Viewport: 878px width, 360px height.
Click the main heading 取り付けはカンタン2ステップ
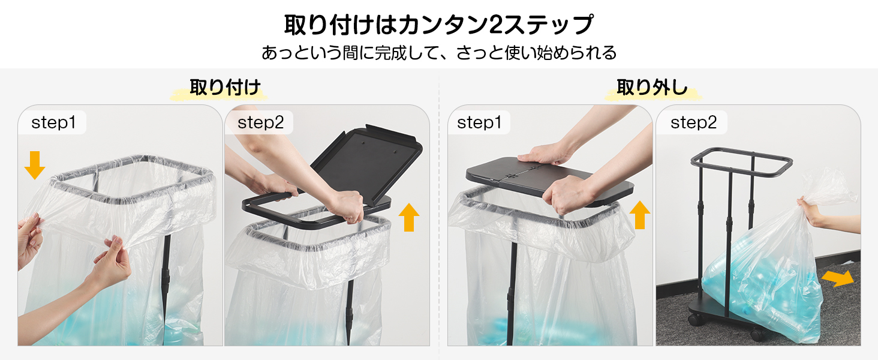[438, 25]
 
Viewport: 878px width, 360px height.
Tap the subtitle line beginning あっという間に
[439, 53]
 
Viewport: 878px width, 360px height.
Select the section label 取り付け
[225, 87]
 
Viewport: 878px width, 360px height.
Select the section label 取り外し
[652, 87]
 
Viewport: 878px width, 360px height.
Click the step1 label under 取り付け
[53, 122]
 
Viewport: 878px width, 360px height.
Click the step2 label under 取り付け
[261, 122]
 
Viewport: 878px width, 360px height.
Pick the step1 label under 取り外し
[479, 122]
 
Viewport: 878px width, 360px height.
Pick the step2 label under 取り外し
[693, 122]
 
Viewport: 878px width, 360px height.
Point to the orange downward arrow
[35, 165]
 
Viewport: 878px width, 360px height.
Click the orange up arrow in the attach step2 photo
[409, 217]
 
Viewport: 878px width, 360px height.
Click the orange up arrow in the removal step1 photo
[640, 215]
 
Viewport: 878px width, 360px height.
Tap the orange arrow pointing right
[838, 278]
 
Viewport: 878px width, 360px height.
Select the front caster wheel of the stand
[757, 335]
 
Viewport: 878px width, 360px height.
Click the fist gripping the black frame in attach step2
[347, 206]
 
